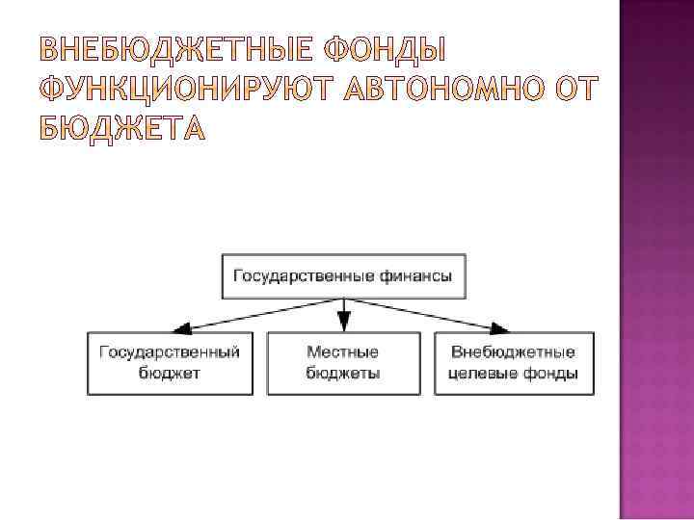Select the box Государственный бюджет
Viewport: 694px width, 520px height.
click(170, 363)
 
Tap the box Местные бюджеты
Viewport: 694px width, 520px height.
click(343, 363)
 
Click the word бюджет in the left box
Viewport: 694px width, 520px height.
click(170, 374)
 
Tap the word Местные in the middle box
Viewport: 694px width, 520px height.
click(343, 352)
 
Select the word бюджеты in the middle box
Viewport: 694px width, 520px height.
click(343, 374)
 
